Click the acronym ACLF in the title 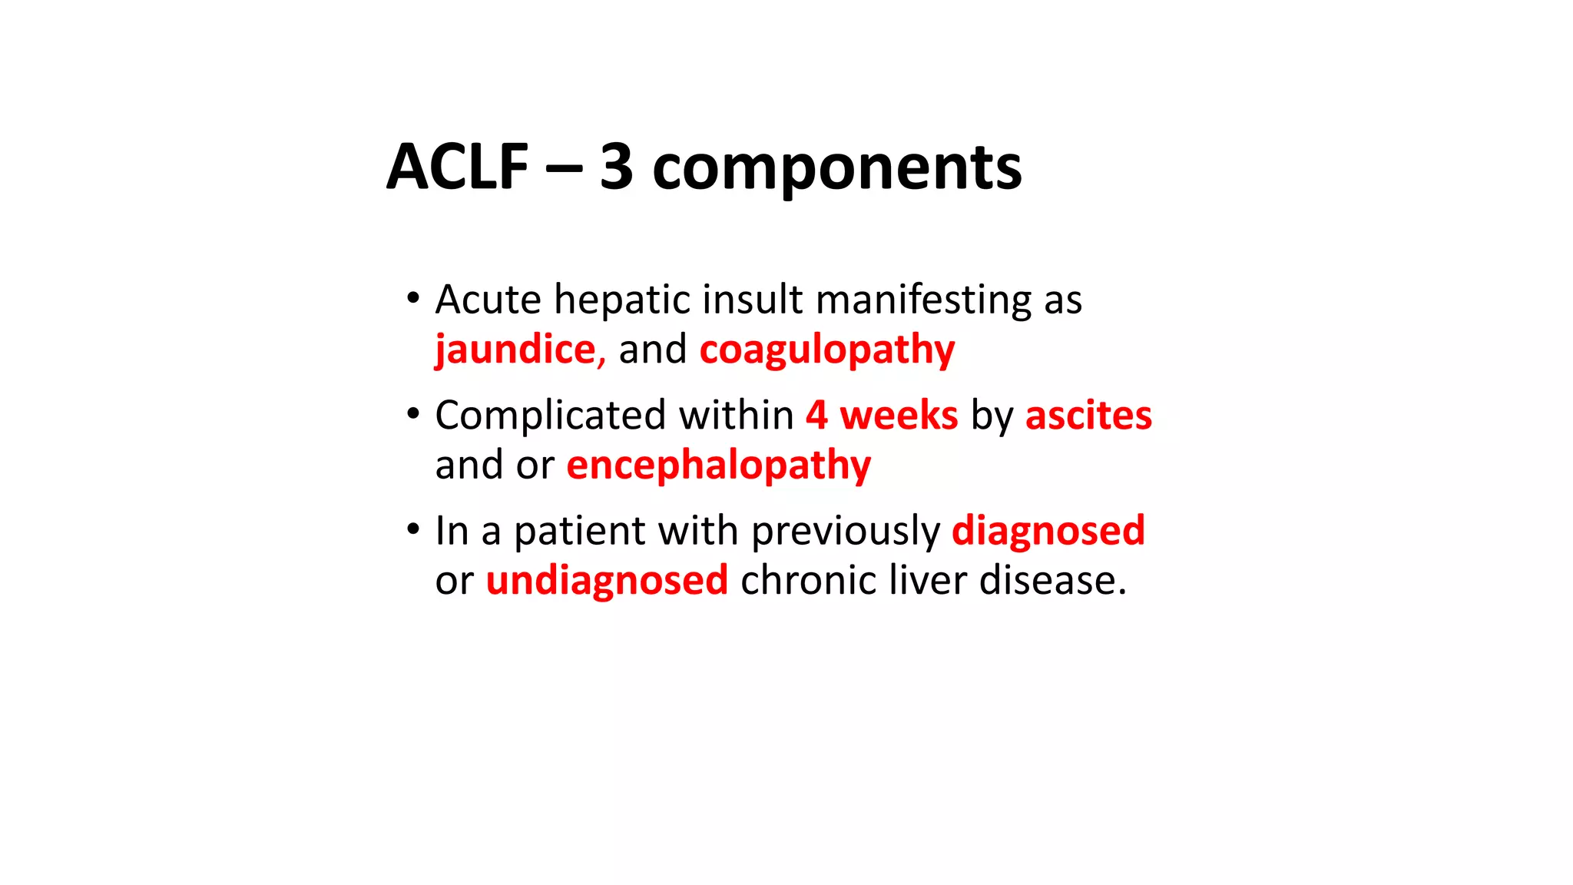point(458,167)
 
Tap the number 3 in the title point(616,167)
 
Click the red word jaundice point(515,350)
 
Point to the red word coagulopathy point(827,350)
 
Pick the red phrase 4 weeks point(882,416)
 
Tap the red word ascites point(1088,416)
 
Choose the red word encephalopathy point(719,466)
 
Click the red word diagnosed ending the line point(1048,531)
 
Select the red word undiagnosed point(607,580)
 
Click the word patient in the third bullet point(580,531)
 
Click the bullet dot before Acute point(413,297)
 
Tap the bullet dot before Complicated point(413,413)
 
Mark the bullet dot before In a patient point(413,529)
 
